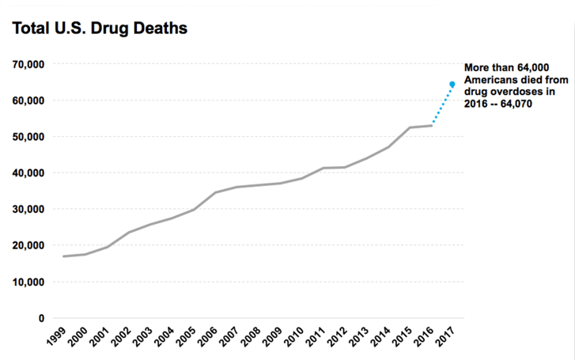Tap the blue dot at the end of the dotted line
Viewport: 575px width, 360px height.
point(452,84)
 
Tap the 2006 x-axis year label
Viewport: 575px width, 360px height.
point(208,339)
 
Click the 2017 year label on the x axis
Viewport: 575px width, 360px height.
point(445,339)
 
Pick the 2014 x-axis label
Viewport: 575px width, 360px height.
point(380,339)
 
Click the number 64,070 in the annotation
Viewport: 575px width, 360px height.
point(509,105)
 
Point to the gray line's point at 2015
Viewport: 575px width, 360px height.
point(410,127)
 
